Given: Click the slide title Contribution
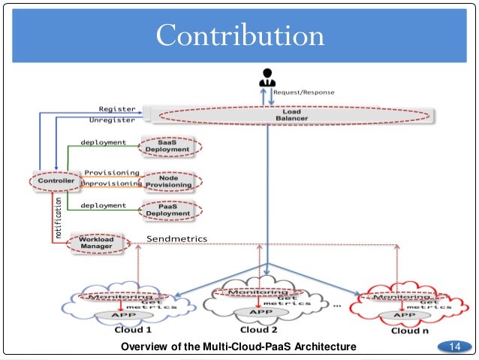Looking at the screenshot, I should [239, 35].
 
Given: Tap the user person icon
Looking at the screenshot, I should [267, 77].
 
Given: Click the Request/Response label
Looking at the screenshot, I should [303, 92].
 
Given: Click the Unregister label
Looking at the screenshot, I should [113, 119].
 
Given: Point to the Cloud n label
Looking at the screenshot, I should [409, 329].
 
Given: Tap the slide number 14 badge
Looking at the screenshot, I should [453, 346].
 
